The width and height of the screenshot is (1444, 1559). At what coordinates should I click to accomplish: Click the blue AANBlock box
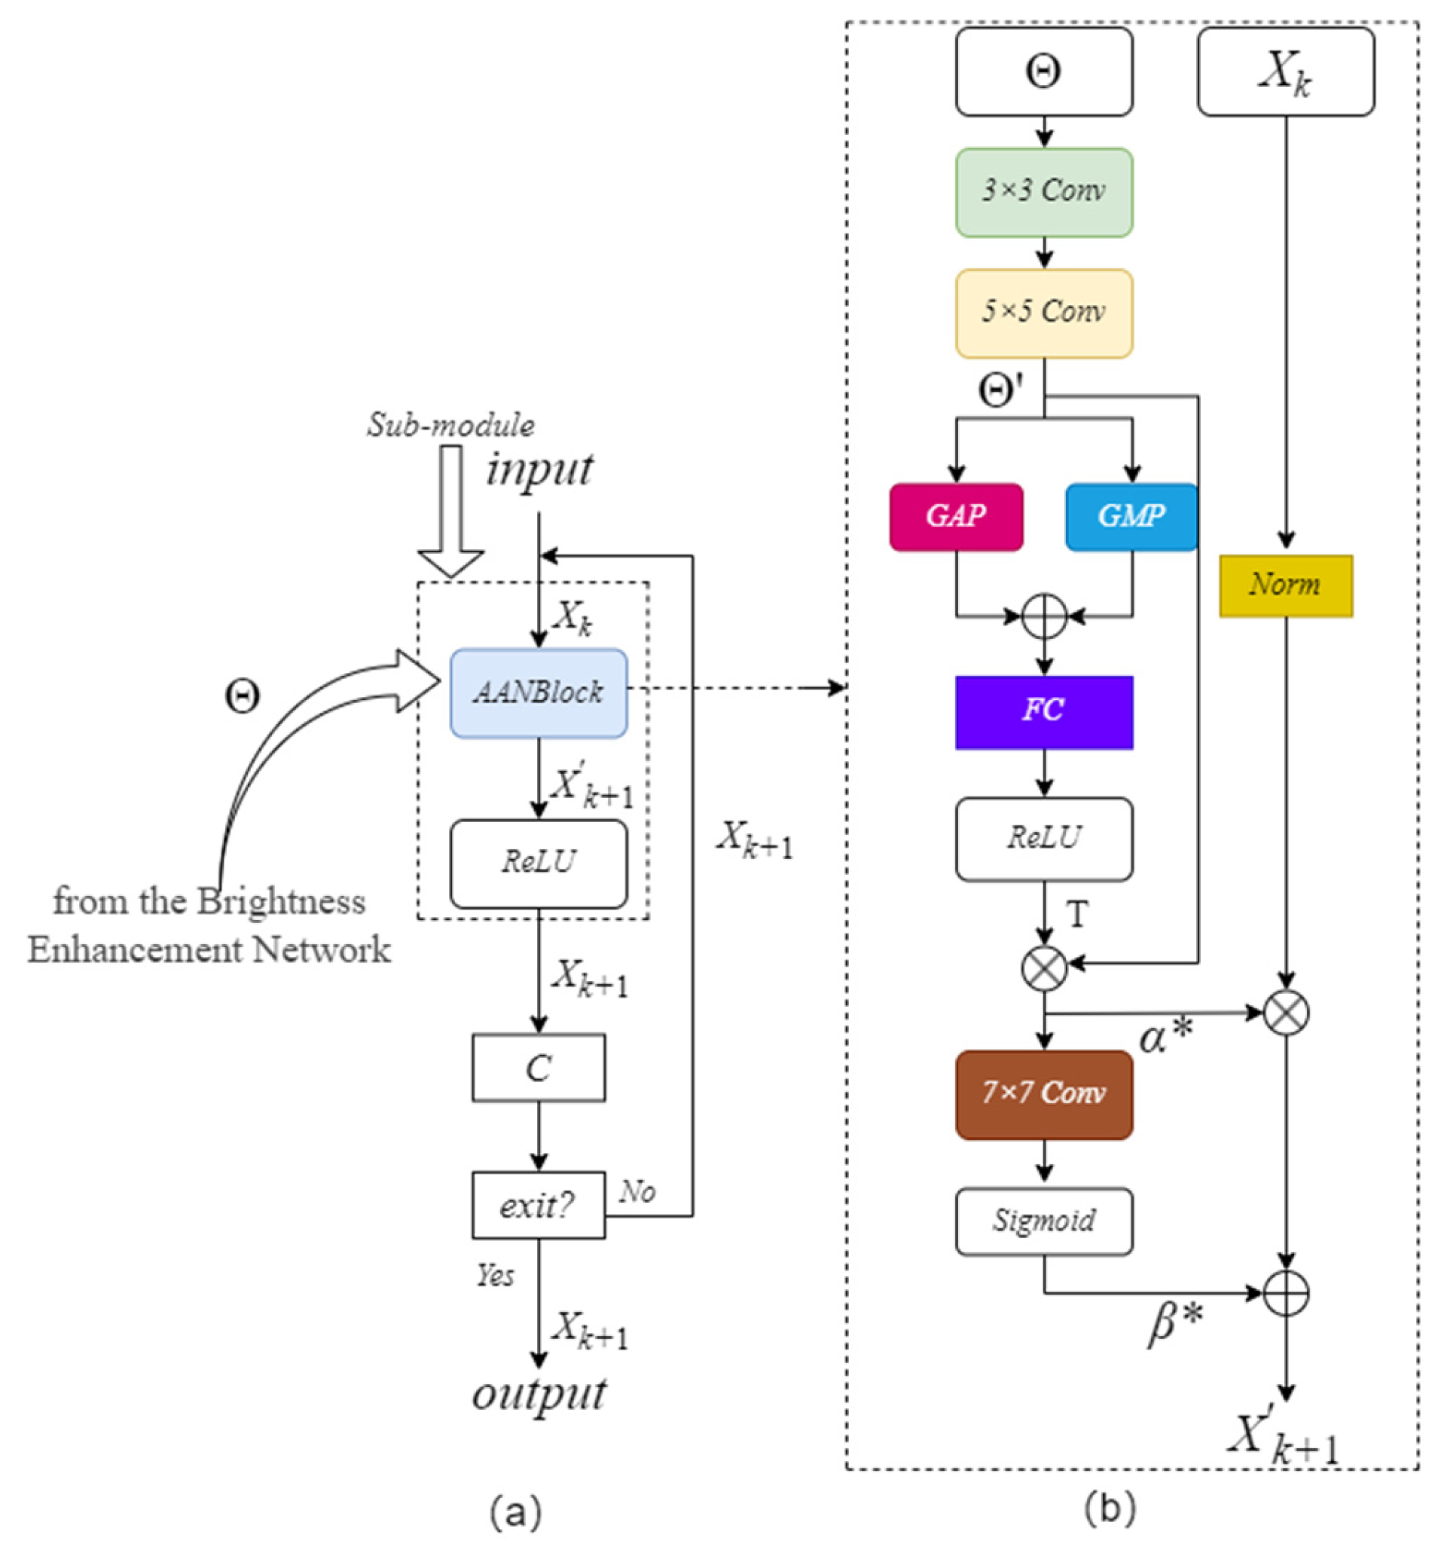click(539, 692)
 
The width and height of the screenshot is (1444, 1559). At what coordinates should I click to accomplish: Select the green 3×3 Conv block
click(1044, 192)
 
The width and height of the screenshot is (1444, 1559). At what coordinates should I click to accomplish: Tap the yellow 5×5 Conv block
click(1044, 313)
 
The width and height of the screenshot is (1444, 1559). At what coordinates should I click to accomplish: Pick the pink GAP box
click(956, 517)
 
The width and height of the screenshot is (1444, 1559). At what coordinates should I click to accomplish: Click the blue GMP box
click(1131, 517)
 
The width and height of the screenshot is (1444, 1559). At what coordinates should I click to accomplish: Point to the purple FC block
click(1044, 712)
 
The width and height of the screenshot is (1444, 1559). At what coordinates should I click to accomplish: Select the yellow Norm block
click(1285, 585)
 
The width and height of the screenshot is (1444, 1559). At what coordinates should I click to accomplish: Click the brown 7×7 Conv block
click(1044, 1094)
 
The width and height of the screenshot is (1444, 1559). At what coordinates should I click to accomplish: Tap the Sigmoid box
click(1044, 1221)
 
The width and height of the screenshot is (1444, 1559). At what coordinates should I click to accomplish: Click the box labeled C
click(539, 1068)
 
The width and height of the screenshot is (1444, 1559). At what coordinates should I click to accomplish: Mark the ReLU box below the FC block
click(1044, 839)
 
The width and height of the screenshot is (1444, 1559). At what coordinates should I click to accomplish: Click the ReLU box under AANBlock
click(539, 863)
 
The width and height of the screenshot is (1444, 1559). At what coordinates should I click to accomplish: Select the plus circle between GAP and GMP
click(1045, 616)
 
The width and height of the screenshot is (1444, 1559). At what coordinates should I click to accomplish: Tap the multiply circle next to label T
click(1045, 968)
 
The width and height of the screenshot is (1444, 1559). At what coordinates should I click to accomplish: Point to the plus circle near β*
click(1286, 1292)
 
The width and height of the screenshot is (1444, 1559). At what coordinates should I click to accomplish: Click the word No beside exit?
click(637, 1192)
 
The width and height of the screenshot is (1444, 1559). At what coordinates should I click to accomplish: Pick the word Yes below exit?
click(496, 1276)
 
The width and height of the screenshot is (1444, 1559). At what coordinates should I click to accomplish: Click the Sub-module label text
click(451, 425)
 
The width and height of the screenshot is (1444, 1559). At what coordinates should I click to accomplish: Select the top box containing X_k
click(1285, 72)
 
